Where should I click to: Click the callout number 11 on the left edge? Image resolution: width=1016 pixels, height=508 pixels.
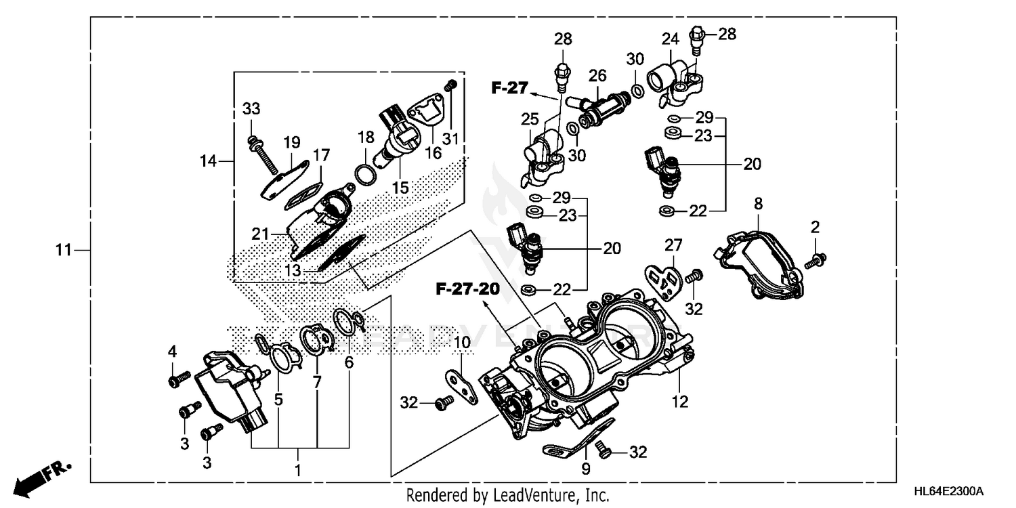coord(63,251)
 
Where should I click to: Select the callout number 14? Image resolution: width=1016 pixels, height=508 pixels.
coord(209,161)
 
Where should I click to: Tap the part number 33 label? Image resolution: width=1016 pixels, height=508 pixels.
coord(251,109)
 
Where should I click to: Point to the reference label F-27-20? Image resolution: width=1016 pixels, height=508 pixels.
coord(467,289)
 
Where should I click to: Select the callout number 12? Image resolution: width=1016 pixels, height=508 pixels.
coord(679,402)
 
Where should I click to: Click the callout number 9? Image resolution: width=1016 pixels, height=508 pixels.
coord(585,468)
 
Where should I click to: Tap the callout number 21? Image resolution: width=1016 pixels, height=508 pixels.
coord(260,234)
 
